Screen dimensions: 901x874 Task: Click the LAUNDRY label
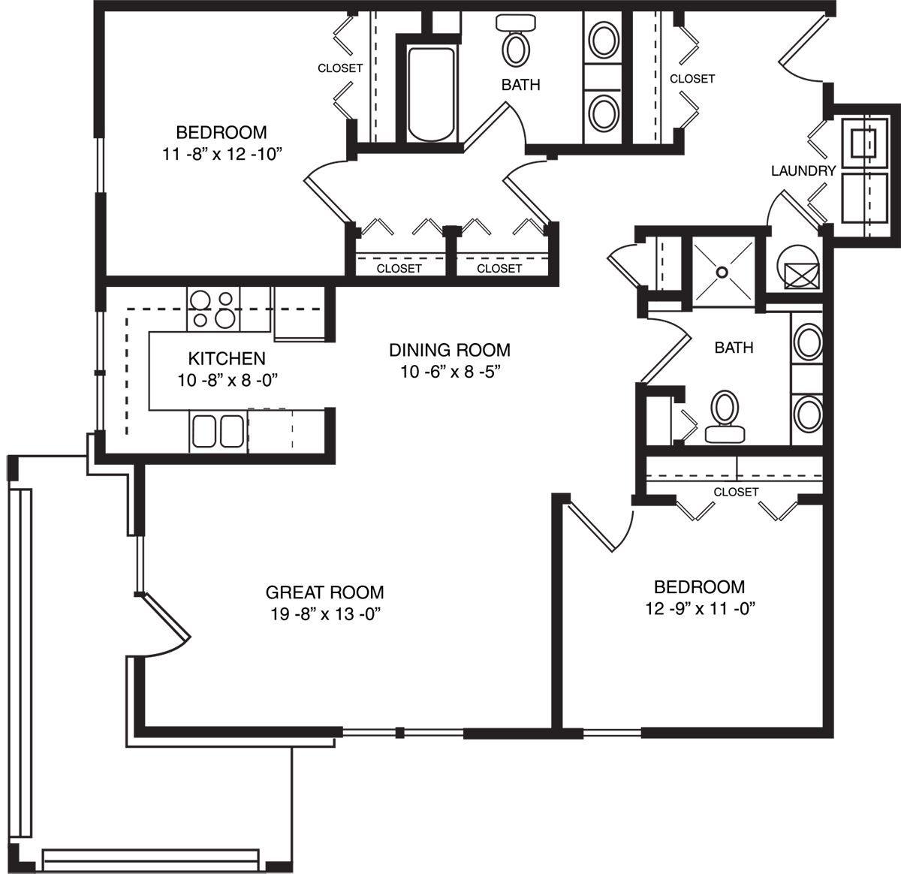coord(803,170)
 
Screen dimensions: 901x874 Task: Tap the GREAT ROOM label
coord(324,592)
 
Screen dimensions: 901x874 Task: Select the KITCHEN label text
coord(227,358)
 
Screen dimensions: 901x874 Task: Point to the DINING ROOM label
coord(450,350)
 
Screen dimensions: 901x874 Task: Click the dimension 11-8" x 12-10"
coord(221,154)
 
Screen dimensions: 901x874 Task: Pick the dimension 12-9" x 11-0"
coord(700,608)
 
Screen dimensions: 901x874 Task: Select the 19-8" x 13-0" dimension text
coord(326,614)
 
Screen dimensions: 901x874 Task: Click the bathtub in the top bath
coord(431,94)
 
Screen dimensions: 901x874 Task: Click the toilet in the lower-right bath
coord(725,417)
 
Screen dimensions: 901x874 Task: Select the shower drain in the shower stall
coord(722,273)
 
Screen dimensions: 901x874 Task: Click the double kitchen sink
coord(218,432)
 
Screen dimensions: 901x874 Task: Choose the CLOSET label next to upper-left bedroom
coord(340,68)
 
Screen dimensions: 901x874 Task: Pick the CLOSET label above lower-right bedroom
coord(736,492)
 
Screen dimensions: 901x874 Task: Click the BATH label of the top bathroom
coord(520,85)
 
